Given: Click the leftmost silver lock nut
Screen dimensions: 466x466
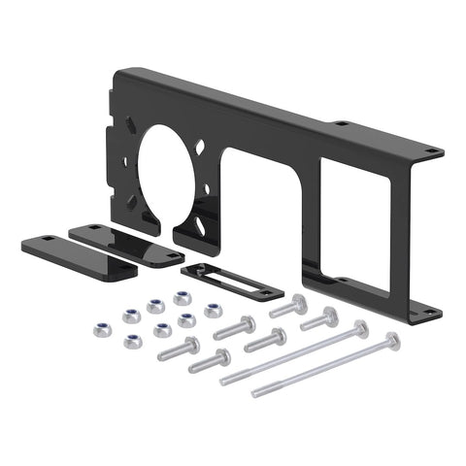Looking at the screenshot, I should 101,330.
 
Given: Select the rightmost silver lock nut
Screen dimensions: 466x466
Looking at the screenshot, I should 213,310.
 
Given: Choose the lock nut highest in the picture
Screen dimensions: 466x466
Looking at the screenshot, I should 183,298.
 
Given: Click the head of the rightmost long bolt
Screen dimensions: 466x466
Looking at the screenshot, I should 391,340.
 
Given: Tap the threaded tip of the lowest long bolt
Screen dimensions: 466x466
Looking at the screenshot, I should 257,392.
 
